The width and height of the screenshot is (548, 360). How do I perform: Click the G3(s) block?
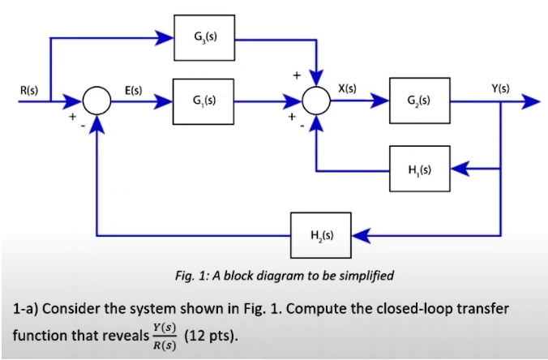point(205,37)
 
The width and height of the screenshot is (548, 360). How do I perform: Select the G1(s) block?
point(205,101)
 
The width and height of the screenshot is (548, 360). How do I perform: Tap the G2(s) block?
point(419,101)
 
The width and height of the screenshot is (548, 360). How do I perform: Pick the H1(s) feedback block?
point(419,169)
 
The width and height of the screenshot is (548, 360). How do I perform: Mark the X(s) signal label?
point(347,88)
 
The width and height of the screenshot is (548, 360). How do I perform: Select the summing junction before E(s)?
point(98,102)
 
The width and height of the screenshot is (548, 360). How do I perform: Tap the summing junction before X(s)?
point(316,102)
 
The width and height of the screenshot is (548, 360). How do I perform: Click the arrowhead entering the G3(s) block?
point(165,37)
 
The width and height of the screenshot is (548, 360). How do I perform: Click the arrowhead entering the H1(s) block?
point(458,169)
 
